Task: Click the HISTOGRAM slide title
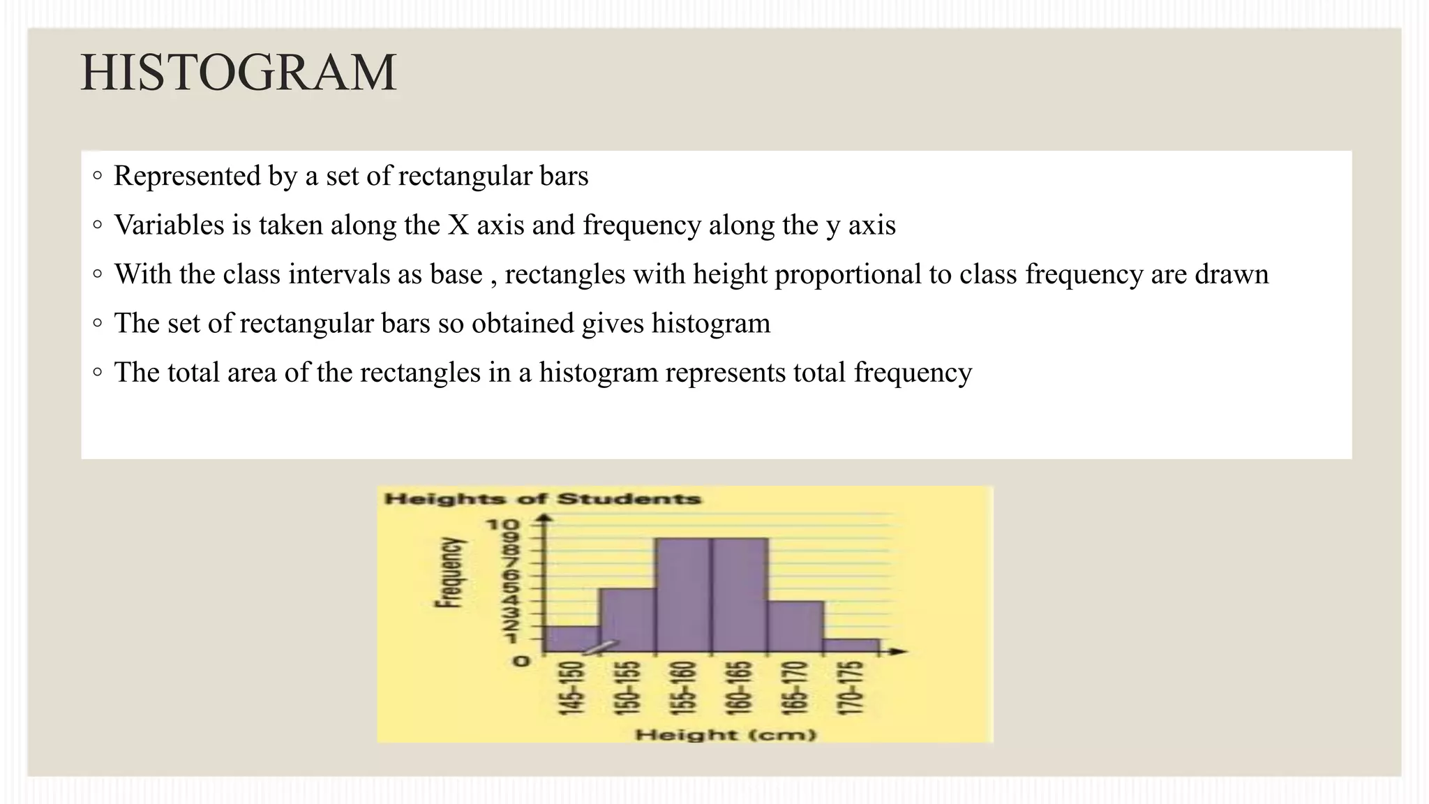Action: [239, 73]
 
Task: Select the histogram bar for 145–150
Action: [572, 639]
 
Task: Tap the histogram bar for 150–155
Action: [627, 620]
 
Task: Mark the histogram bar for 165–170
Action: [795, 626]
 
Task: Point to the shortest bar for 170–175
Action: [851, 646]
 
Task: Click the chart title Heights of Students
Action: [542, 499]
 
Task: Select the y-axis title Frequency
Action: [449, 572]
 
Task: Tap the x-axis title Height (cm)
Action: [726, 734]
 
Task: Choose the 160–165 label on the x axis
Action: [740, 688]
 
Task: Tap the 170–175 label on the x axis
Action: [851, 688]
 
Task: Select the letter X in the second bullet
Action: [458, 225]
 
